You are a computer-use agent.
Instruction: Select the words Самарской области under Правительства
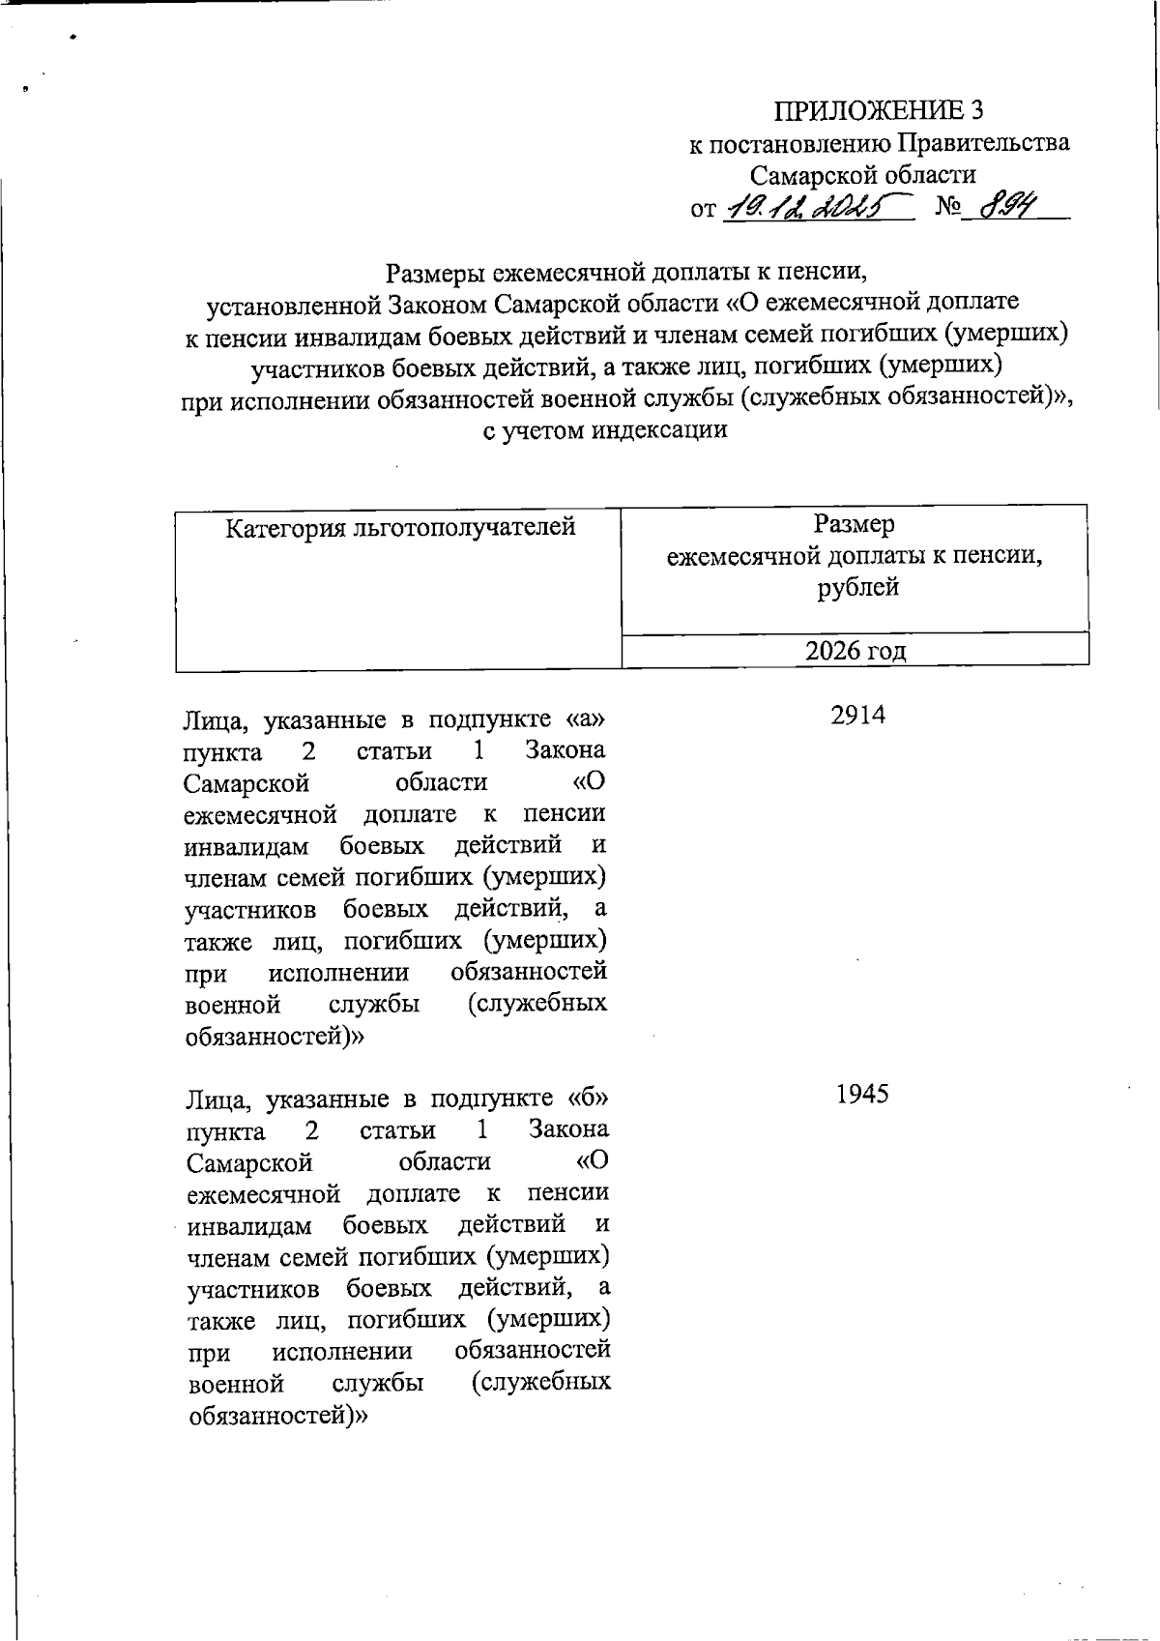click(863, 175)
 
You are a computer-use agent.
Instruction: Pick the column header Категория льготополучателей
click(400, 528)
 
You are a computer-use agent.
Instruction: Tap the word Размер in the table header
click(855, 524)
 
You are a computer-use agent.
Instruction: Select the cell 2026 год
click(855, 651)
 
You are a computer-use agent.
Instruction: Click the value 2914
click(858, 717)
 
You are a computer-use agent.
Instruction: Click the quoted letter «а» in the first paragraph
click(587, 720)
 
